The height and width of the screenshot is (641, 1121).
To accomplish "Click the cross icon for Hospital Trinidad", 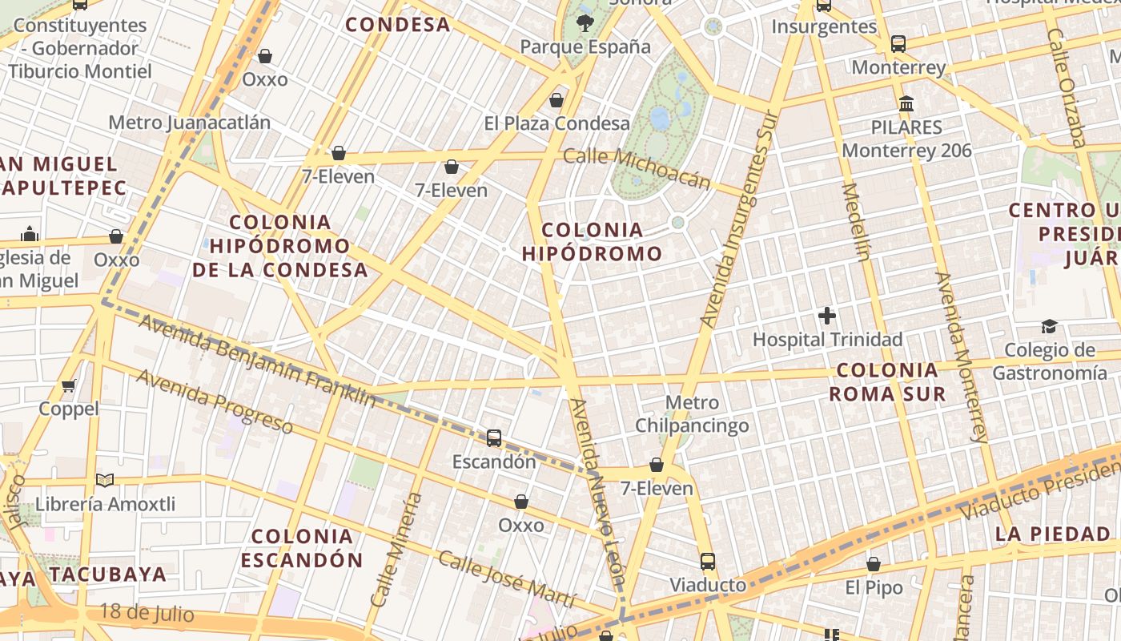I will coord(827,316).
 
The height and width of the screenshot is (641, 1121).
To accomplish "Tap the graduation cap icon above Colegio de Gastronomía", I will coord(1049,326).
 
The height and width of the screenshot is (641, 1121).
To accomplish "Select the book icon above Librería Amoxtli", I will coord(105,480).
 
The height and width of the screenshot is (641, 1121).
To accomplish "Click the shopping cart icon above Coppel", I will coord(69,385).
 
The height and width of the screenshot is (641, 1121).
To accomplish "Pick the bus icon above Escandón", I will coord(494,438).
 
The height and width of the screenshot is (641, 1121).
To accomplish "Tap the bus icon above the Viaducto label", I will coord(708,562).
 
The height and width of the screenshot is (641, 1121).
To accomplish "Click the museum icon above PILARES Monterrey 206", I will coord(907,103).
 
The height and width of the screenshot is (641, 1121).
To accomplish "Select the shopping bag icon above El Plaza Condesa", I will coord(556,100).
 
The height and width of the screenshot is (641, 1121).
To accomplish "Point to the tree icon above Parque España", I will coord(585,22).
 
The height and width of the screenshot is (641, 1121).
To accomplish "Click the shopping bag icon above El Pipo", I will coord(874,564).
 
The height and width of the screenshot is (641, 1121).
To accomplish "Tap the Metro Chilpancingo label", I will coord(692,413).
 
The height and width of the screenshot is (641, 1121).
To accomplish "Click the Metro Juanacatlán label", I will coord(189,123).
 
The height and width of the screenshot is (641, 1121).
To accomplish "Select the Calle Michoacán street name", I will coord(637,167).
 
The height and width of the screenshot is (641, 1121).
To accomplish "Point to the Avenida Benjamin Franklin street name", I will coord(256,360).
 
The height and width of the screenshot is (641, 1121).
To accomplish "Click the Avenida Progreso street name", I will coord(214,401).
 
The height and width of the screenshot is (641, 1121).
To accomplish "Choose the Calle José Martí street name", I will coord(506,579).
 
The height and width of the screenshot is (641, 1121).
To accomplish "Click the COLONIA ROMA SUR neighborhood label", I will coord(886,381).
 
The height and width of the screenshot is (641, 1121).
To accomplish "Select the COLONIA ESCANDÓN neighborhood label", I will coord(302,548).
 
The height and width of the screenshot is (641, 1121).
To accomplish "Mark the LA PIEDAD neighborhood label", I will coord(1053,534).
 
